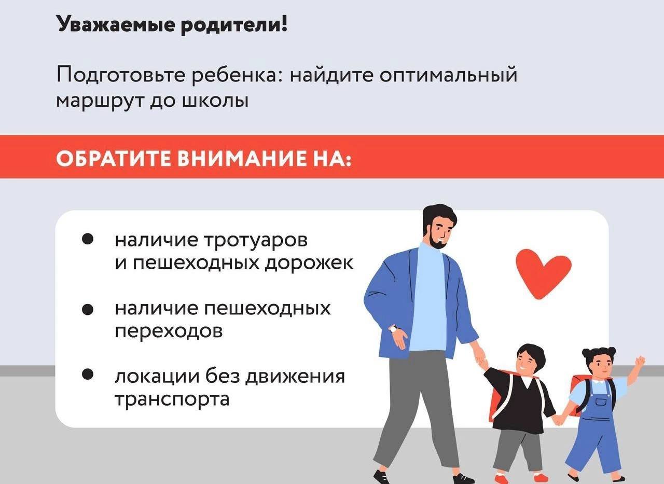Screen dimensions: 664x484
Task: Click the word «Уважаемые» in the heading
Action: pyautogui.click(x=115, y=25)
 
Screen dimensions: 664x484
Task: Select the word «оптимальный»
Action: pyautogui.click(x=448, y=76)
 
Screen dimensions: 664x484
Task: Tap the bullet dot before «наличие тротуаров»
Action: pyautogui.click(x=88, y=240)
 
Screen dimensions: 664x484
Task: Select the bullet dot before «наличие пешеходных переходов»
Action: pyautogui.click(x=88, y=310)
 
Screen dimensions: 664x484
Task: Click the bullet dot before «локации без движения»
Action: pyautogui.click(x=88, y=375)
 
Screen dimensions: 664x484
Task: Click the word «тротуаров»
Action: pyautogui.click(x=256, y=241)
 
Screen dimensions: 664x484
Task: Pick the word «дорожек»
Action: pyautogui.click(x=309, y=262)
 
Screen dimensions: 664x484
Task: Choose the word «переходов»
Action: pyautogui.click(x=169, y=331)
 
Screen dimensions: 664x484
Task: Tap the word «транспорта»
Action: pyautogui.click(x=172, y=399)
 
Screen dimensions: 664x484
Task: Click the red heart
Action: pyautogui.click(x=544, y=273)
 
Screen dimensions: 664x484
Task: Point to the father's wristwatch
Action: pyautogui.click(x=394, y=329)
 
